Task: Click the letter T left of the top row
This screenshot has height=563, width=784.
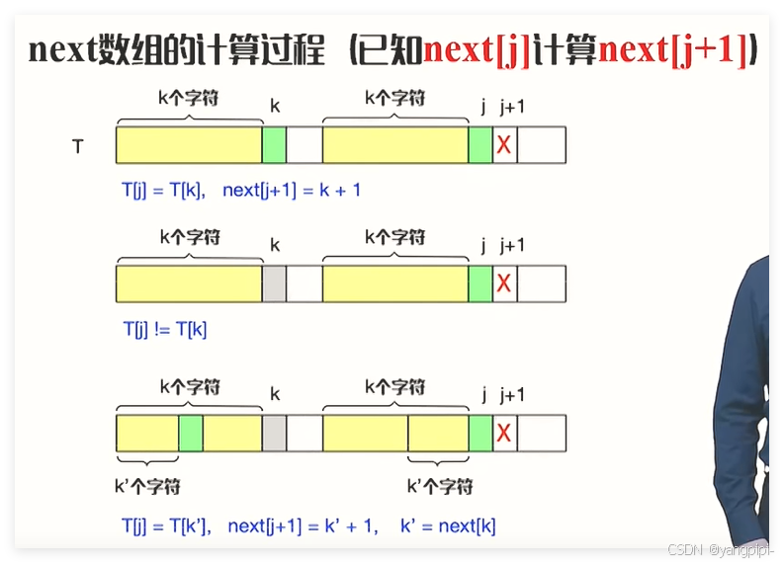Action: (x=77, y=146)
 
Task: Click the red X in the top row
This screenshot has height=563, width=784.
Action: (x=504, y=145)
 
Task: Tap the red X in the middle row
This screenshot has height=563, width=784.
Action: (x=504, y=284)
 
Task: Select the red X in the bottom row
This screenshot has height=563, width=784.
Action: (x=504, y=433)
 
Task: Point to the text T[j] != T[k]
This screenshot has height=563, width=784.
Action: (x=165, y=330)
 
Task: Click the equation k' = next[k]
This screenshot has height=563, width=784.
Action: (x=448, y=526)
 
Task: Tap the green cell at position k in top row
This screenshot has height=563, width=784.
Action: (x=274, y=145)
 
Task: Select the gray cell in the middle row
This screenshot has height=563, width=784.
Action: (x=274, y=283)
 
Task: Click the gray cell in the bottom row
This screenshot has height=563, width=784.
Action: (x=274, y=433)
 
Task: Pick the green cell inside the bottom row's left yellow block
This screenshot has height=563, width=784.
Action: (x=191, y=433)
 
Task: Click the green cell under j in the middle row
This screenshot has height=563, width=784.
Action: (x=480, y=283)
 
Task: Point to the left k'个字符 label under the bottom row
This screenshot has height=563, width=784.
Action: (x=148, y=486)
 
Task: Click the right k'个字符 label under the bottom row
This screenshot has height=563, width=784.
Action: (x=440, y=486)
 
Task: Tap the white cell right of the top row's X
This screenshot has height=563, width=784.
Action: (x=542, y=145)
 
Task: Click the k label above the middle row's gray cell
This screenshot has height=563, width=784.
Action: (x=275, y=245)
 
